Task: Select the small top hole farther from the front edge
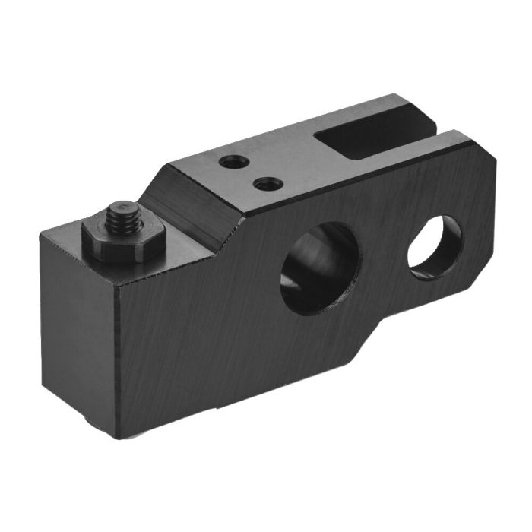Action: pos(232,162)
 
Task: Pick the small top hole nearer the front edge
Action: pos(266,184)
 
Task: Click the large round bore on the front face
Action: pos(319,268)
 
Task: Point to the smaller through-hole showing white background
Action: pos(435,247)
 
